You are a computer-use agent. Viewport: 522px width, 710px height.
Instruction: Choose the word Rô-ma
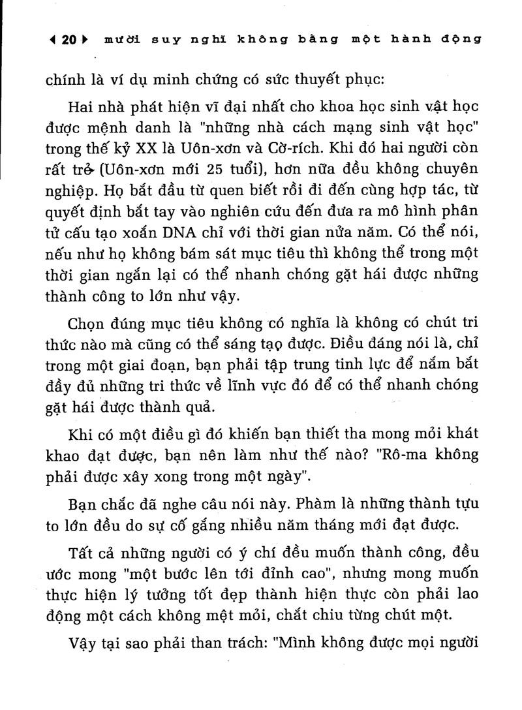pos(395,454)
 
